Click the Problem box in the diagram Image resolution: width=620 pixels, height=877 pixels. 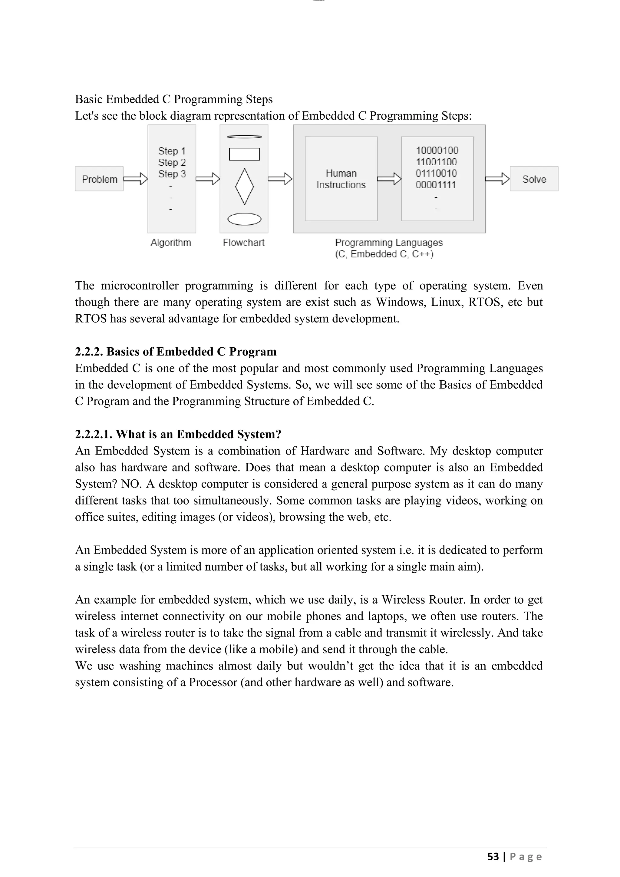point(99,179)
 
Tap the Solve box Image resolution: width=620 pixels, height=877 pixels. point(534,179)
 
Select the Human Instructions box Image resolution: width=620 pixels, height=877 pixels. point(341,179)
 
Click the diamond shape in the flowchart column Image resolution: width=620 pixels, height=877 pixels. point(244,187)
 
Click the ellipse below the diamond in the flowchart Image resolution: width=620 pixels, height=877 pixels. point(244,219)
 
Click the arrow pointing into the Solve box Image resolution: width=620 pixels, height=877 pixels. point(497,179)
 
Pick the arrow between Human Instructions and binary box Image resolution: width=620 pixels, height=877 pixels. point(389,179)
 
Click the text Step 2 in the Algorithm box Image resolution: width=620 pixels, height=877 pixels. point(172,162)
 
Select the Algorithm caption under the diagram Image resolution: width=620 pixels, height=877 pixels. point(171,243)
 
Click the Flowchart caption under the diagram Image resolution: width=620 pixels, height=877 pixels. point(244,243)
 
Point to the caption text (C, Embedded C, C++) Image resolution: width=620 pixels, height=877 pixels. point(384,254)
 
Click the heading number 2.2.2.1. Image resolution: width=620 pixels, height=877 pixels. point(94,434)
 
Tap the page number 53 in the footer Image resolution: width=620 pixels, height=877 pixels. point(493,857)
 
